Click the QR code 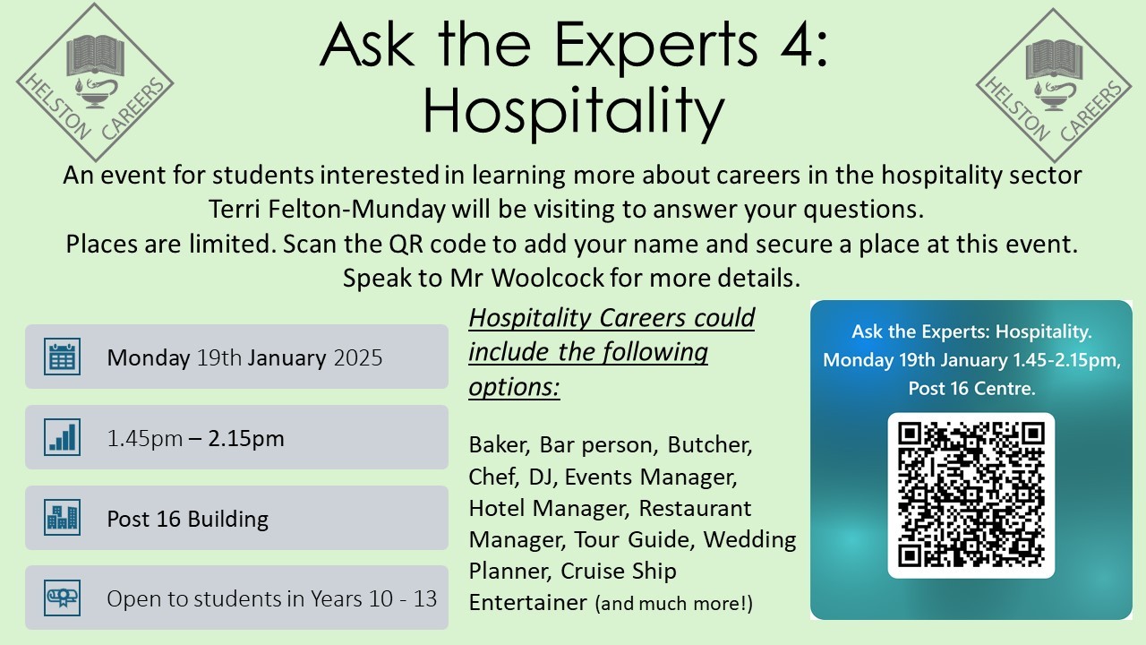pos(971,495)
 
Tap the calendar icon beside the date pos(62,357)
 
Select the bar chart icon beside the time pos(62,437)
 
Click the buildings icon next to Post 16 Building pos(62,518)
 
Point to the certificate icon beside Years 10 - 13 pos(62,598)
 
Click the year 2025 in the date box pos(357,357)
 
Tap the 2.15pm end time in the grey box pos(245,439)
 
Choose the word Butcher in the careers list pos(710,445)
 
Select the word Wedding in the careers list pos(749,539)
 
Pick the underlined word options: pos(514,386)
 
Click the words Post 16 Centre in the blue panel pos(971,388)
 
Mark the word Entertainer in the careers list pos(528,603)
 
